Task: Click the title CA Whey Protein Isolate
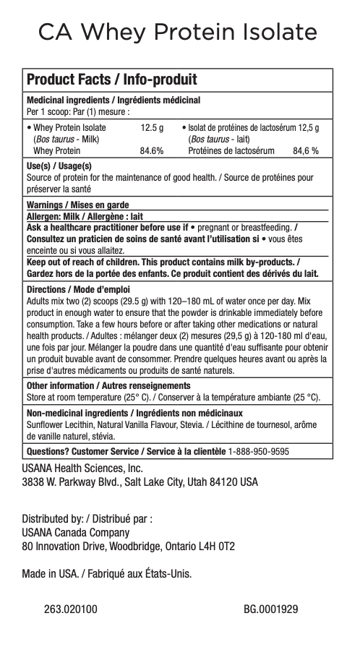pos(179,33)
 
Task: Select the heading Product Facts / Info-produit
pos(112,80)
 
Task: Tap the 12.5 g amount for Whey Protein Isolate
pos(151,128)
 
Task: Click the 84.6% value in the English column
pos(151,151)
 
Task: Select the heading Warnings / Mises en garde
pos(77,205)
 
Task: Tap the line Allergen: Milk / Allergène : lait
pos(85,216)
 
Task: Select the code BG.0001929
pos(271,609)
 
